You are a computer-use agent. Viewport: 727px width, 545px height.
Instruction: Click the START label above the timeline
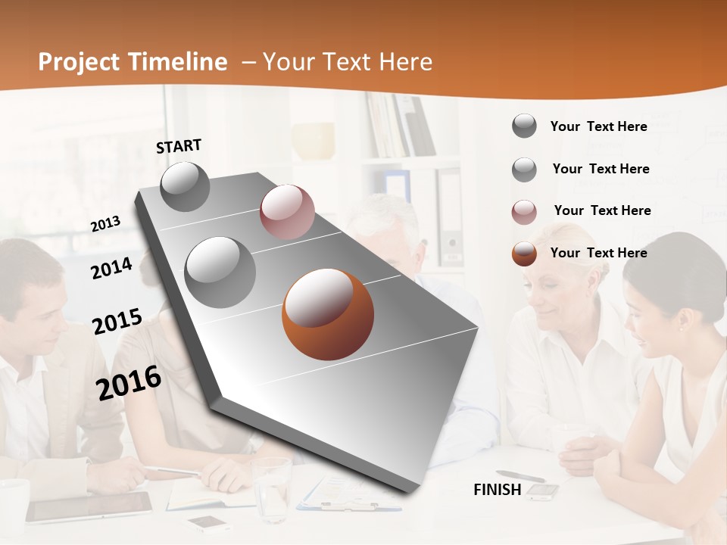click(x=179, y=146)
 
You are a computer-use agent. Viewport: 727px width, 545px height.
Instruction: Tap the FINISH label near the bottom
click(x=498, y=490)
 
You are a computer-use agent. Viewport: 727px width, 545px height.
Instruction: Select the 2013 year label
click(x=106, y=223)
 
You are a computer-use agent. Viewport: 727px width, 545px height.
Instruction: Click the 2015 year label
click(x=117, y=322)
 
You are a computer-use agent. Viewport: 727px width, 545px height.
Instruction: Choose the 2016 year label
click(x=129, y=382)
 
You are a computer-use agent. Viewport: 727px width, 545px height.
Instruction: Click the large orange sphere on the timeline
click(x=328, y=314)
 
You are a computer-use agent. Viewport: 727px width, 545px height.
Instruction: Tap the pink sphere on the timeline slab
click(x=287, y=212)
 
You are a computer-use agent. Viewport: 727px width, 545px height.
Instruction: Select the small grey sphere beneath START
click(x=185, y=186)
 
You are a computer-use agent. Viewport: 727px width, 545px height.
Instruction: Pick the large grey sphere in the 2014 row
click(x=220, y=272)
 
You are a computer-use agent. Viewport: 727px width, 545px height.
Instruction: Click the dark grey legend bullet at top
click(x=524, y=126)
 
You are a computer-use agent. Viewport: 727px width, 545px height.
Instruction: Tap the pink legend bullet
click(x=524, y=212)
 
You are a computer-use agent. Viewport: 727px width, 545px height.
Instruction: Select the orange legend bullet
click(x=524, y=254)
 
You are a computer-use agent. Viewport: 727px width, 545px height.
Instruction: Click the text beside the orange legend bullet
click(x=599, y=253)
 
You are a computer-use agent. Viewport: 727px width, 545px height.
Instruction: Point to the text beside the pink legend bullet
click(x=603, y=210)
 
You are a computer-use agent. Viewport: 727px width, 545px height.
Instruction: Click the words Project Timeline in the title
click(x=133, y=62)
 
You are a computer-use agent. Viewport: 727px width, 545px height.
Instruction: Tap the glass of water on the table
click(x=271, y=488)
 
